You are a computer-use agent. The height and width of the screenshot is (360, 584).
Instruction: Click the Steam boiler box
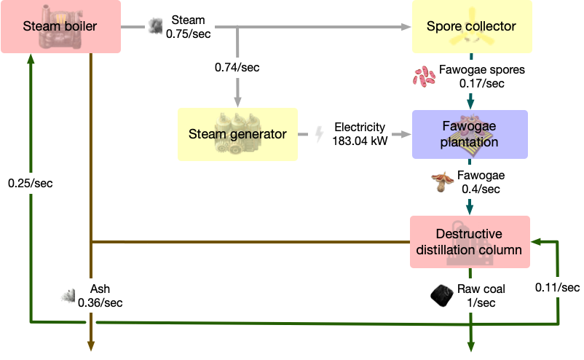click(60, 27)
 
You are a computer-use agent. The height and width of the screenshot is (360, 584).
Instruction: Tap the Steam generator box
click(237, 134)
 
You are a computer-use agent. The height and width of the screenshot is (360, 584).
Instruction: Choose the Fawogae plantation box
click(470, 134)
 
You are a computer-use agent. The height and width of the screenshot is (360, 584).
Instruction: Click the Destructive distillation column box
click(469, 242)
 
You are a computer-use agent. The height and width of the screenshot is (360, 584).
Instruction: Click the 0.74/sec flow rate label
click(237, 67)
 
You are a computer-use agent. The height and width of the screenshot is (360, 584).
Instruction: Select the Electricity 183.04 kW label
click(359, 134)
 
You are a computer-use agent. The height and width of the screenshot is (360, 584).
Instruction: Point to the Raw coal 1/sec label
click(481, 295)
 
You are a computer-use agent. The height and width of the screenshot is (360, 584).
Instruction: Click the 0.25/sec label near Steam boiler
click(31, 183)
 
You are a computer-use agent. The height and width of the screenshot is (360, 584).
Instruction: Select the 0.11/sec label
click(557, 287)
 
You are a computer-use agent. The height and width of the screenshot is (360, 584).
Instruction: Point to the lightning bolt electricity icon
click(318, 134)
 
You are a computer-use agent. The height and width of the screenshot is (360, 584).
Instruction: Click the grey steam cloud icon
click(155, 26)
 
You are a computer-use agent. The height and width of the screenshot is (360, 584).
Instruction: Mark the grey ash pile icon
click(70, 295)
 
